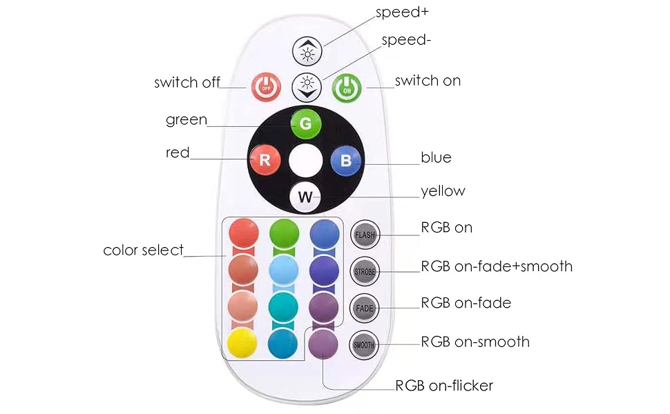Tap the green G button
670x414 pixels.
click(305, 124)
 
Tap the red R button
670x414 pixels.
click(264, 160)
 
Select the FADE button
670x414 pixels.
click(364, 308)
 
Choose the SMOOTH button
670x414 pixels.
click(364, 344)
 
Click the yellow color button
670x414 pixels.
click(242, 342)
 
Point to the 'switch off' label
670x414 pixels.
click(186, 83)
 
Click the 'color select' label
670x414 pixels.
click(144, 250)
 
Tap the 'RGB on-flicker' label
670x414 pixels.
click(444, 386)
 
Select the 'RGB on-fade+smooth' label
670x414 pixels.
click(497, 266)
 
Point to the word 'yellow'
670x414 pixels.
click(443, 191)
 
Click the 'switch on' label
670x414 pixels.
click(428, 81)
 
